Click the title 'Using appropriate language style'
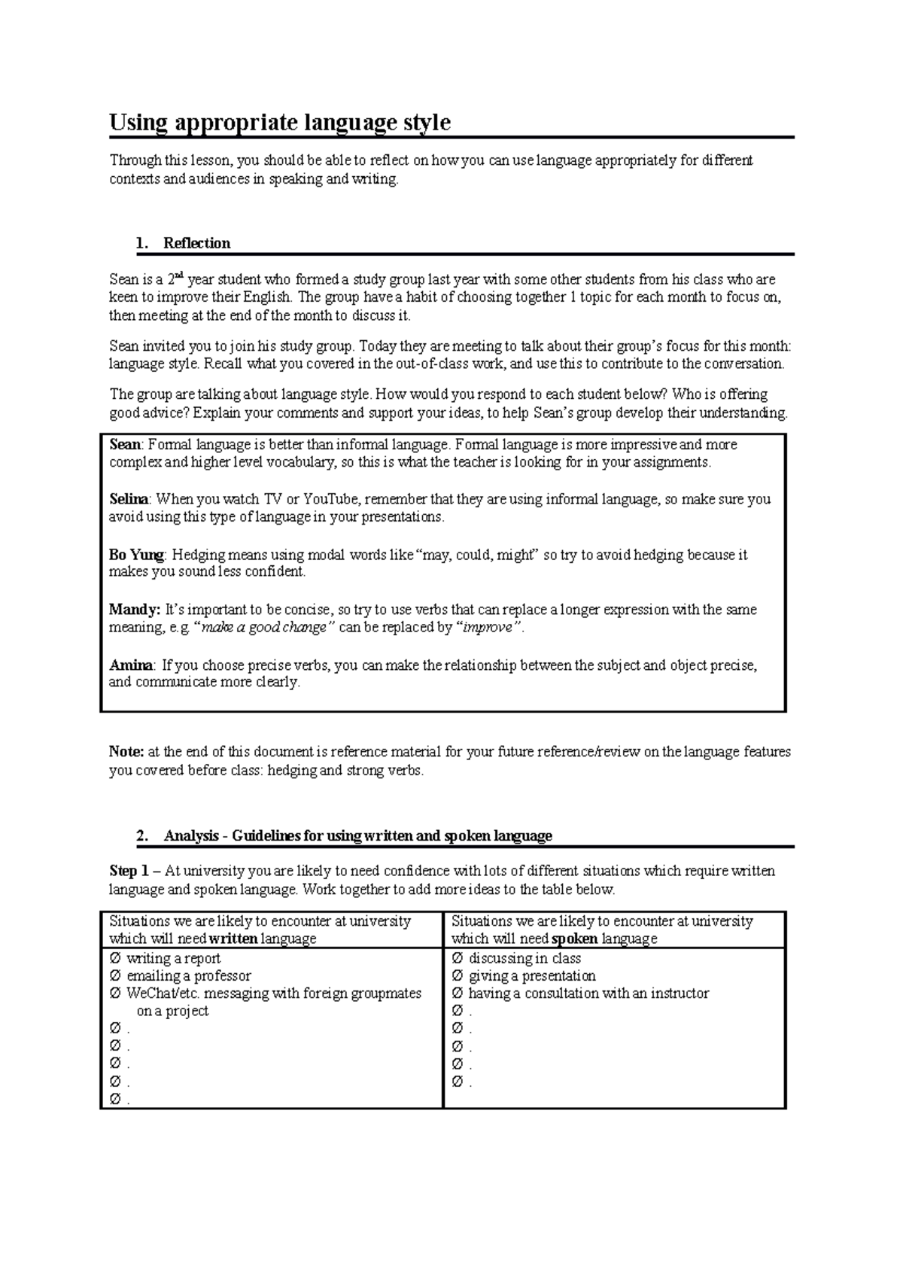[280, 123]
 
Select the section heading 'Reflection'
[196, 243]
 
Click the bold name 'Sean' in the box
[125, 445]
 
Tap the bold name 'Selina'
[129, 500]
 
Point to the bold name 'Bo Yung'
[136, 555]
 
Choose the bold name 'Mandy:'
[135, 610]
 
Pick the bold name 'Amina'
[131, 665]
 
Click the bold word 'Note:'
[126, 751]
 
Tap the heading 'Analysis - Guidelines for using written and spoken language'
[357, 836]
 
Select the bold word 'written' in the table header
[234, 939]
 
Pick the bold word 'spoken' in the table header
[575, 939]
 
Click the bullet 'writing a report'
[173, 959]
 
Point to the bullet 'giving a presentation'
[532, 976]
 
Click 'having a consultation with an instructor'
[588, 993]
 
